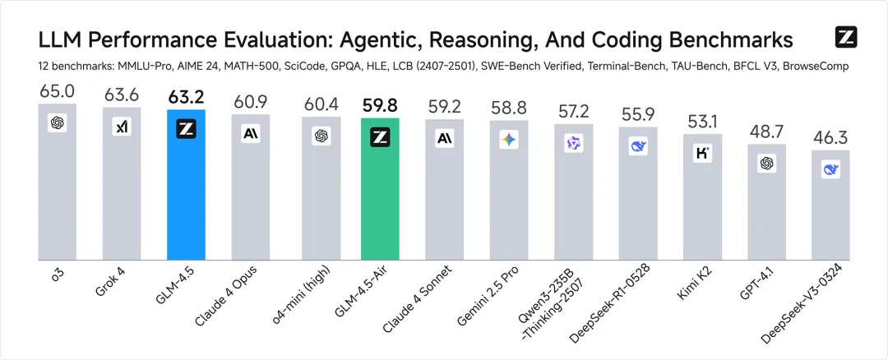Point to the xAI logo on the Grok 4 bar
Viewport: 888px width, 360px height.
coord(122,127)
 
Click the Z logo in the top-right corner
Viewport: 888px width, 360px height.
coord(846,37)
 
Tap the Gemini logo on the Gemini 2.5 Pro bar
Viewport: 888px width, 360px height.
coord(509,141)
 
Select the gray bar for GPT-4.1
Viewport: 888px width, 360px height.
coord(766,205)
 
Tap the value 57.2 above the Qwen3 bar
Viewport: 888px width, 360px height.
coord(573,111)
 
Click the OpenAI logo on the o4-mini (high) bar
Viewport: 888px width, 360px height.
coord(321,136)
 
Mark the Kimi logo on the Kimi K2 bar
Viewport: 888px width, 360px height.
coord(702,153)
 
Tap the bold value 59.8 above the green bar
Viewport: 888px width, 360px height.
coord(380,106)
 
